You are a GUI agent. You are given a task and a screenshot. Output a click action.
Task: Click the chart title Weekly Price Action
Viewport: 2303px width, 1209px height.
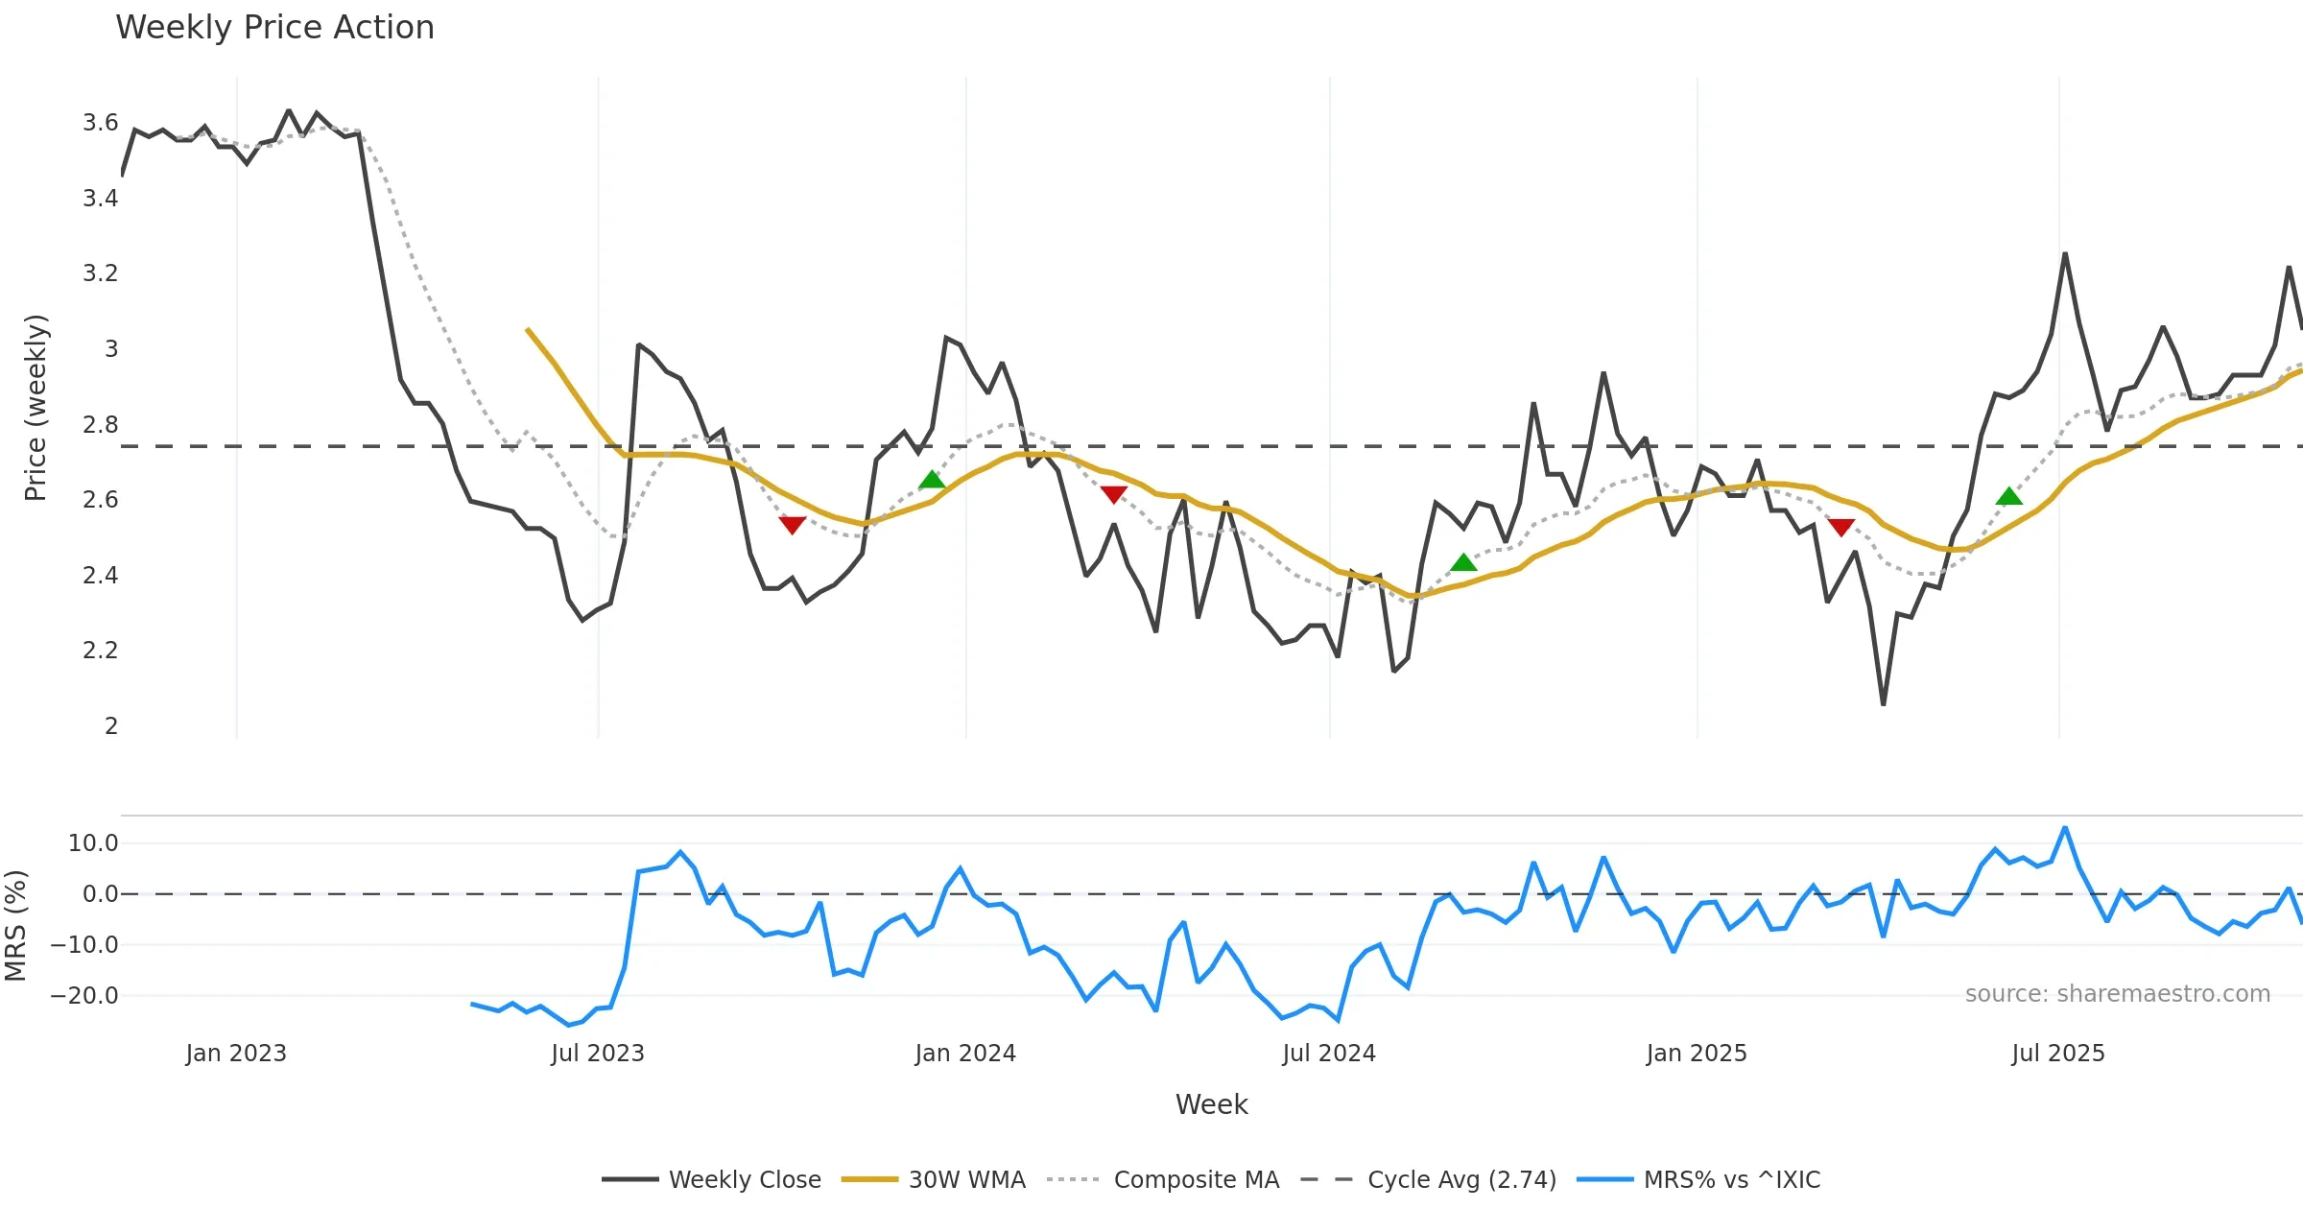point(274,28)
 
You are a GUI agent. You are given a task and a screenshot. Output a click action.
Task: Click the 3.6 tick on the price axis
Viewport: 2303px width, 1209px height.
point(100,123)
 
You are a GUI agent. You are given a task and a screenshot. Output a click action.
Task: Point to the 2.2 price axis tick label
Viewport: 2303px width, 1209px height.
point(100,651)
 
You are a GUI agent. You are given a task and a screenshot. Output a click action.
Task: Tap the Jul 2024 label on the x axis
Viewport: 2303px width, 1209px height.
point(1329,1054)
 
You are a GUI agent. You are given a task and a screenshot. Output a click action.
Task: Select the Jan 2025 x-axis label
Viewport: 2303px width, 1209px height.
point(1697,1054)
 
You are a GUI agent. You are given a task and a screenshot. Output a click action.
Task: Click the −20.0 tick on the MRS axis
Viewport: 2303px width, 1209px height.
point(83,996)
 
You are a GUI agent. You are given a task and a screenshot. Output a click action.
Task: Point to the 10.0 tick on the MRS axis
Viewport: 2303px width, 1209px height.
point(92,843)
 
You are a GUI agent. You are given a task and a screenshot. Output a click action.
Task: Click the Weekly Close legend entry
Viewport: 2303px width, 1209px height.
point(744,1179)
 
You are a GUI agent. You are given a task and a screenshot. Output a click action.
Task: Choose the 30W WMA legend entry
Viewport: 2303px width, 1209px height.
point(966,1179)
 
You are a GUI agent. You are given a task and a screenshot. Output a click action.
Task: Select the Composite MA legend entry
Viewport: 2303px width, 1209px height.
point(1196,1179)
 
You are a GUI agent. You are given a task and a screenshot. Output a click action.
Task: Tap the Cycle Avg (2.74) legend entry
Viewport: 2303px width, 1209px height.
point(1460,1179)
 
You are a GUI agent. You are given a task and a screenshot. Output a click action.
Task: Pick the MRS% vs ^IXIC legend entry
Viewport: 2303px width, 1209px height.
point(1731,1179)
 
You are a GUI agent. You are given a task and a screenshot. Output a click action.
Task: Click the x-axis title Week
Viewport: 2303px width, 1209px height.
point(1211,1104)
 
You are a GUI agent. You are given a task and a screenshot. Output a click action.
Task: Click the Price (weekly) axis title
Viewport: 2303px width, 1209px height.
point(36,408)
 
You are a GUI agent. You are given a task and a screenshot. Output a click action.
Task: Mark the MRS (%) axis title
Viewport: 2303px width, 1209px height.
point(15,926)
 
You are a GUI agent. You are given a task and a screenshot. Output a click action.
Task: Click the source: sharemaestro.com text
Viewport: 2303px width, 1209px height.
point(2117,994)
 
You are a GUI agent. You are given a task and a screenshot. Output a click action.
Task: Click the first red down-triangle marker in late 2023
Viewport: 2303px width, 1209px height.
point(792,525)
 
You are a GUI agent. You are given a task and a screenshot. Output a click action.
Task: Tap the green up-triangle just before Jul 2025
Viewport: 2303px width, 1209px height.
point(2008,496)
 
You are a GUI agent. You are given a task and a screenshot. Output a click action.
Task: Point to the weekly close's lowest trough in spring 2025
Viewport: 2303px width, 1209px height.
point(1883,704)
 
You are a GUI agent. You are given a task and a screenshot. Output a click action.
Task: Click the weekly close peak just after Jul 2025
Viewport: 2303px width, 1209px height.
point(2065,253)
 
